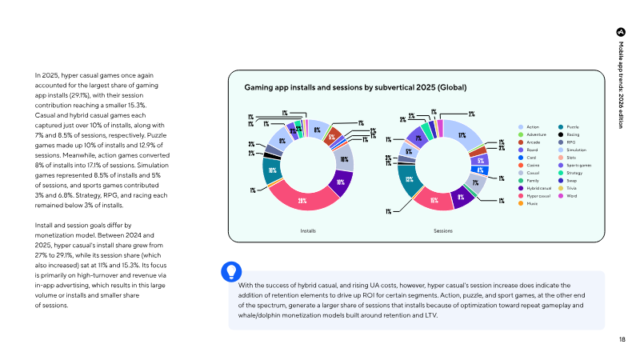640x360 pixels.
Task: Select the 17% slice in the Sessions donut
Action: pos(462,135)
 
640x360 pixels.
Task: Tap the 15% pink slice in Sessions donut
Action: pos(432,200)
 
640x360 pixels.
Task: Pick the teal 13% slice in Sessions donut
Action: pos(409,179)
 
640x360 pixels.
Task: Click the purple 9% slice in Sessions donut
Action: pos(462,196)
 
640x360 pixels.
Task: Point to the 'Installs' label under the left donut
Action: pos(307,230)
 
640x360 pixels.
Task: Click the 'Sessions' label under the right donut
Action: pos(444,230)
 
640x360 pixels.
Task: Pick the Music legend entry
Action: pos(532,204)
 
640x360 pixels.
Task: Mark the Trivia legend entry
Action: pos(573,189)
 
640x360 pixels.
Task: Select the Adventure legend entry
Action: pos(536,135)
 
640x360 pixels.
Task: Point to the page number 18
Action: pos(622,340)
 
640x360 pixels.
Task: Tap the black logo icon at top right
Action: pos(621,31)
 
